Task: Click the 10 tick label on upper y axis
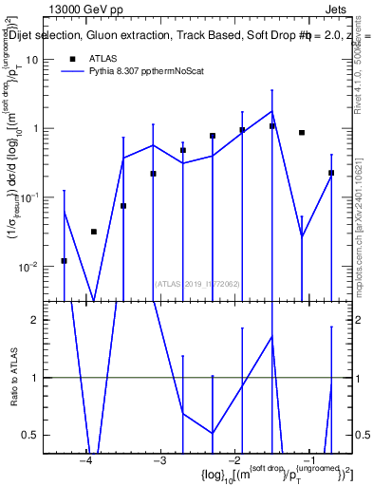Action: coord(39,59)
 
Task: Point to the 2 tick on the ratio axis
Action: coord(42,320)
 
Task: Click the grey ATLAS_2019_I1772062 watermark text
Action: coord(197,283)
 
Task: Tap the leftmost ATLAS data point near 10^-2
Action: coord(64,260)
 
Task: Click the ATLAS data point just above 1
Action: coord(272,126)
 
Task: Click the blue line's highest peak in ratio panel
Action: coord(272,336)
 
